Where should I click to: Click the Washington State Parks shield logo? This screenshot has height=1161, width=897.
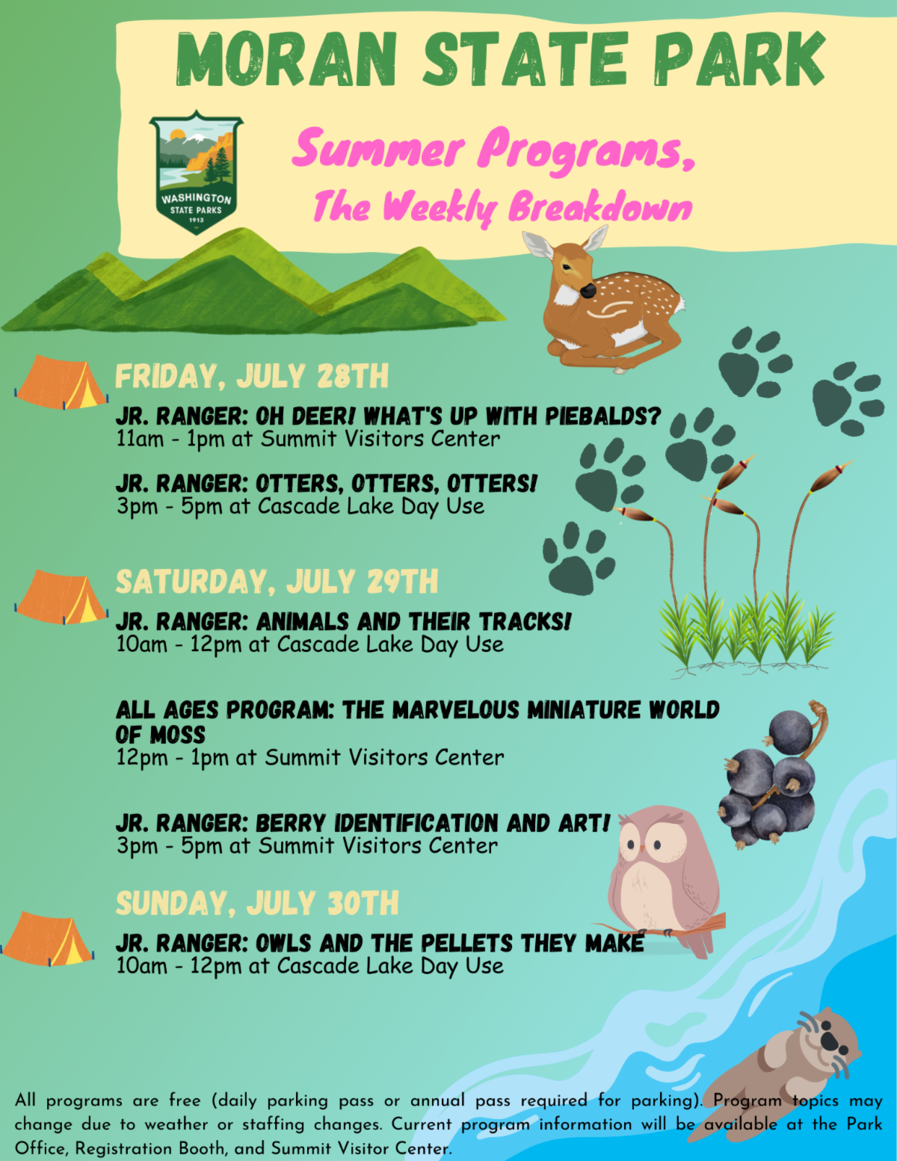(x=196, y=172)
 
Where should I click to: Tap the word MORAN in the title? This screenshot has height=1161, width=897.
(x=286, y=59)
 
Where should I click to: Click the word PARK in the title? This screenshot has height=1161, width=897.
(x=739, y=59)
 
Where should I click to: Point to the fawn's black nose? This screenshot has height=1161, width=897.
(x=588, y=290)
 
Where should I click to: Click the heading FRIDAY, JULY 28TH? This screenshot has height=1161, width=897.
(x=252, y=376)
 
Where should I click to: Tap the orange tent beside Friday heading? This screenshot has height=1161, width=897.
(x=61, y=382)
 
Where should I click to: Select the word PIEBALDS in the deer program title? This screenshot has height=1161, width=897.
(x=603, y=416)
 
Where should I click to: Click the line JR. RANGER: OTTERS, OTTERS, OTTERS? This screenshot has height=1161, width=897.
(x=327, y=483)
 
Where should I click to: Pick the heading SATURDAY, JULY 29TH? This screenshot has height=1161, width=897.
(x=277, y=582)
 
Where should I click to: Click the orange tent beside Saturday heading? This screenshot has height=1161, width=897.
(x=61, y=597)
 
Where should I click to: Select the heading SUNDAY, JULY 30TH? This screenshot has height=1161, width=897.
(x=257, y=903)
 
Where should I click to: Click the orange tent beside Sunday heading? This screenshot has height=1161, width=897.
(x=47, y=939)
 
